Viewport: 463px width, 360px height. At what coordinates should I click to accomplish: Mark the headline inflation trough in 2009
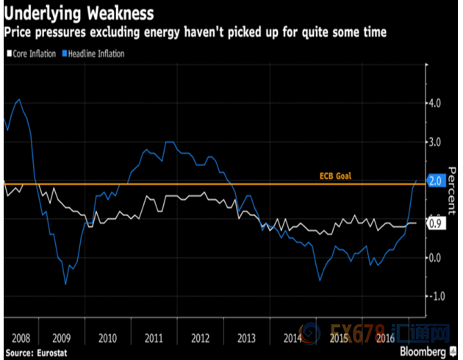tap(65, 284)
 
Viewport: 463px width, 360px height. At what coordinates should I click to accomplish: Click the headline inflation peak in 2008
tap(18, 99)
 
